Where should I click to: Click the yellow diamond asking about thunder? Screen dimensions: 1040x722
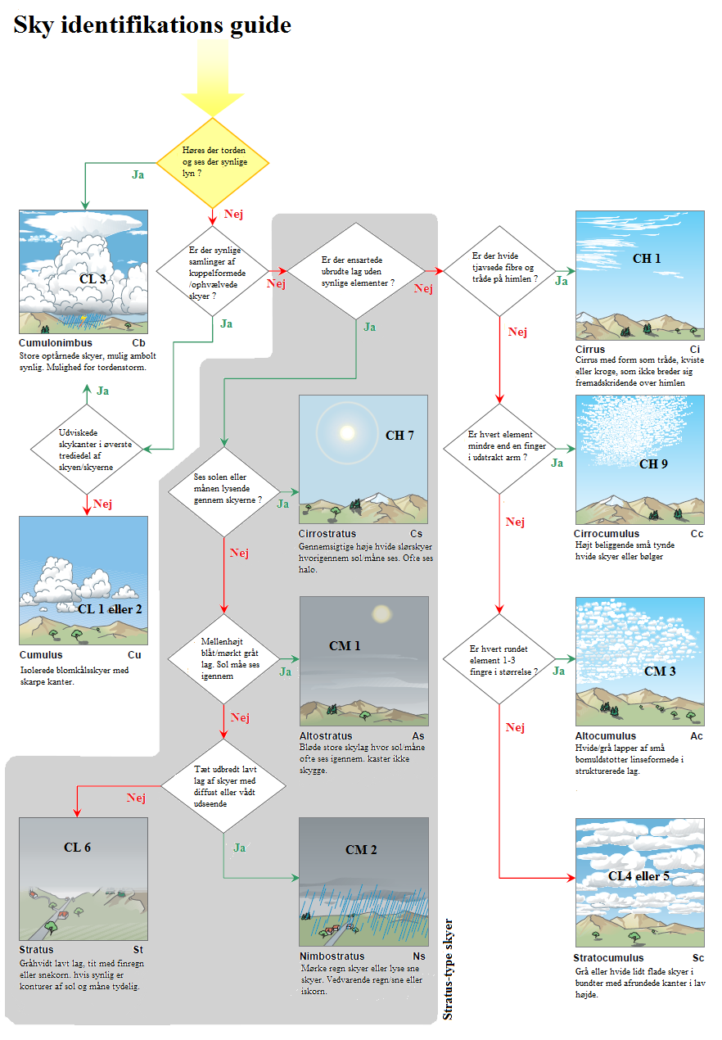(x=213, y=163)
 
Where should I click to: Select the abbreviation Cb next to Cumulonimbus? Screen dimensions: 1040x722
(x=138, y=343)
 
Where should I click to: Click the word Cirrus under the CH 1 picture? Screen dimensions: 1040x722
(x=590, y=350)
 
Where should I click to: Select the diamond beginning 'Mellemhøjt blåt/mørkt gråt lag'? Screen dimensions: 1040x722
(x=224, y=659)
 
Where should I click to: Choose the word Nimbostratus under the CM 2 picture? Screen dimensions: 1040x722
(x=332, y=956)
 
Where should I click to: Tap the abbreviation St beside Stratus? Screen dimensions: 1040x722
(x=138, y=950)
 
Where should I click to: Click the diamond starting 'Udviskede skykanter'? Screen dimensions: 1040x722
(x=88, y=449)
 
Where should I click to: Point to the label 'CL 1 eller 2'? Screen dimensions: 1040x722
(x=110, y=609)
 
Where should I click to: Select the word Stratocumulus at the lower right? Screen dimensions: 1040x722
(x=609, y=957)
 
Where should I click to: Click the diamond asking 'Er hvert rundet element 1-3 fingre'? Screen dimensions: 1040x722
(x=499, y=659)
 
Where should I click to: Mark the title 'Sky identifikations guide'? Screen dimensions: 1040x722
(x=152, y=25)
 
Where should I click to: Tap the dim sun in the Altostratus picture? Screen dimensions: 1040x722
(x=381, y=613)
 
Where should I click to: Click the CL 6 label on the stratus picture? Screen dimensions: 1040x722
(x=77, y=847)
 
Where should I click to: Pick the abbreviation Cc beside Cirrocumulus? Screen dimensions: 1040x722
(x=697, y=533)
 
